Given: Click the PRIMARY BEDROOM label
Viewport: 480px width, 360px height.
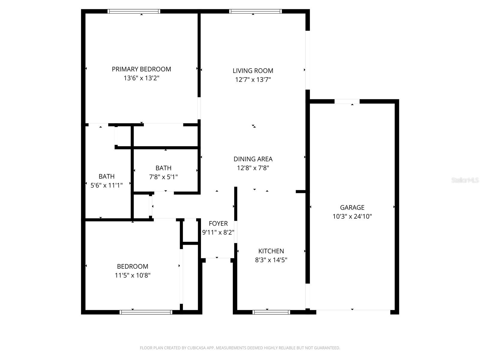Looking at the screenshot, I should [141, 69].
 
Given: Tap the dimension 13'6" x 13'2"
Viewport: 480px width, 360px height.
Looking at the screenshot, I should [141, 78].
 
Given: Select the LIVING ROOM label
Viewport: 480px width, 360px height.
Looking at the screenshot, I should [253, 71].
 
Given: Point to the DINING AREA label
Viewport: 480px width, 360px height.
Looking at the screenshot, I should [253, 159].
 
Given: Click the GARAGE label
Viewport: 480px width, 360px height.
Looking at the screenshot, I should [352, 207].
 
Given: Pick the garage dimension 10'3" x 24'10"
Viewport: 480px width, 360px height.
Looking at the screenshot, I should [352, 216].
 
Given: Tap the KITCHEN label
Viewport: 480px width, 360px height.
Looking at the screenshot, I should [271, 251].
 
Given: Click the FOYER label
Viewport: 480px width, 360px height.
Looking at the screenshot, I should [218, 223].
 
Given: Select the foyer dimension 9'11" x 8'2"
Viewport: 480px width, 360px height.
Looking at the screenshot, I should [218, 232].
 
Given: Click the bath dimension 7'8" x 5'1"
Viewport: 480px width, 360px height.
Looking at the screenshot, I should [163, 177].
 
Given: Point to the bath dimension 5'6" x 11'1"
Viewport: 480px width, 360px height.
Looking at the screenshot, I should [106, 185].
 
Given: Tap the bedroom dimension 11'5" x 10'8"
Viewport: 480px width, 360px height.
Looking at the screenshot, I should [132, 275].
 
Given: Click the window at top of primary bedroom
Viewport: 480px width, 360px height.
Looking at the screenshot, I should [134, 11].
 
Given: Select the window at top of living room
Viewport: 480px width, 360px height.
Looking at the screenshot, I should [256, 11].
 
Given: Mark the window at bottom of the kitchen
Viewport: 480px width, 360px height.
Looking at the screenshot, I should [271, 312].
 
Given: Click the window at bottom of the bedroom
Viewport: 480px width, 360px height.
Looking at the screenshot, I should [146, 312].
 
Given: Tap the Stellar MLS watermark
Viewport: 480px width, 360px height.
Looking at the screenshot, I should [465, 180].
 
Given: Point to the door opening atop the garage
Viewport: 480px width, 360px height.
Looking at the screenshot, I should [347, 101].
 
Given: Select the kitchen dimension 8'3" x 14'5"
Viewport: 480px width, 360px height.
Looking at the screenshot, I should [271, 260].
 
